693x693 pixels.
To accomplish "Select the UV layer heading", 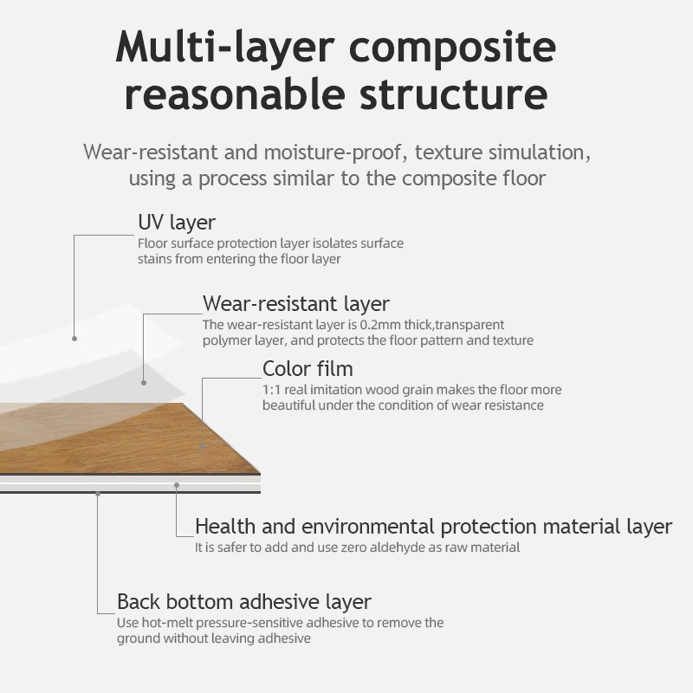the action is pyautogui.click(x=177, y=223).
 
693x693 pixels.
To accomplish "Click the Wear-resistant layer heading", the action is pyautogui.click(x=296, y=303).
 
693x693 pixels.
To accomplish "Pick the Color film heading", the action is pyautogui.click(x=308, y=370).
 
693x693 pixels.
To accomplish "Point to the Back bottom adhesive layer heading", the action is pyautogui.click(x=244, y=601).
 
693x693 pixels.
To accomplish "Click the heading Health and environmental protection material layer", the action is pyautogui.click(x=433, y=526).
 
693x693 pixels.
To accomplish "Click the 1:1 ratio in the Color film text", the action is pyautogui.click(x=270, y=390).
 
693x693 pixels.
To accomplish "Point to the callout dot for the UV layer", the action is pyautogui.click(x=74, y=338).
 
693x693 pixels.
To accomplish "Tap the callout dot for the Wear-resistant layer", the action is pyautogui.click(x=144, y=382).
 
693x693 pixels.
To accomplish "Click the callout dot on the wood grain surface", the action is pyautogui.click(x=203, y=447).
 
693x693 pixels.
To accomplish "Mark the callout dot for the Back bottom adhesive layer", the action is pyautogui.click(x=98, y=494).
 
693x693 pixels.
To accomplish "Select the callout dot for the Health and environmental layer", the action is pyautogui.click(x=176, y=485).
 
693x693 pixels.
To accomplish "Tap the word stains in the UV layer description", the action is pyautogui.click(x=153, y=259).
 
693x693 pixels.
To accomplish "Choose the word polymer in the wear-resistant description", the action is pyautogui.click(x=226, y=340).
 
